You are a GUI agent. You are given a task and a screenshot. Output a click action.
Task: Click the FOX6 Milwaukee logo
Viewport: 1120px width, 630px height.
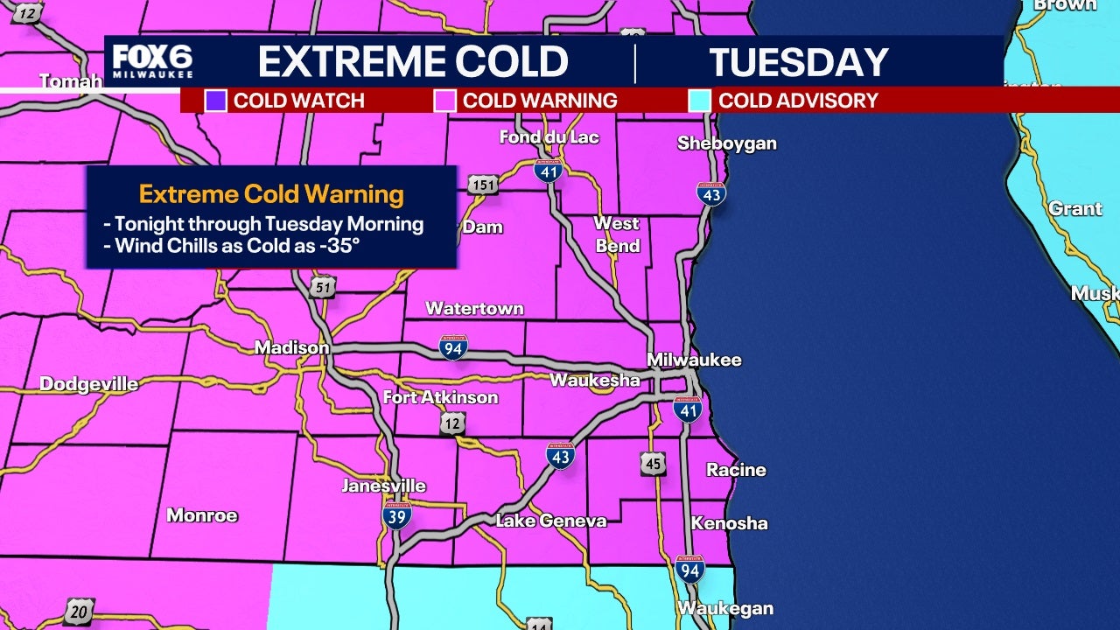152,61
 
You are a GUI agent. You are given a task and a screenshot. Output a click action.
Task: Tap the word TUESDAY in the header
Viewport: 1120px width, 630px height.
798,62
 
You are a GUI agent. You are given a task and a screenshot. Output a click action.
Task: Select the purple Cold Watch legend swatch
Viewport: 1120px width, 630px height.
215,101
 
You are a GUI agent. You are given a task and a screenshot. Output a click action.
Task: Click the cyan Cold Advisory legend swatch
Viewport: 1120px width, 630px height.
699,101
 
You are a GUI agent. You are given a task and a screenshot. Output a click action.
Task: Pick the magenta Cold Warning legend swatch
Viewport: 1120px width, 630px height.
444,101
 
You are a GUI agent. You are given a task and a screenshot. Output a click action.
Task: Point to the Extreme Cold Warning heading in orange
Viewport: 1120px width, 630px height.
271,193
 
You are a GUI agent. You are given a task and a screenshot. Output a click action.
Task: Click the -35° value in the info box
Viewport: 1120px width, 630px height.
339,247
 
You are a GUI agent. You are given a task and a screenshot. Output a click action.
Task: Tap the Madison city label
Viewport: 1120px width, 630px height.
291,348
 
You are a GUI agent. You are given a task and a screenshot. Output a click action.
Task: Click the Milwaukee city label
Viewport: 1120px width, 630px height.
693,360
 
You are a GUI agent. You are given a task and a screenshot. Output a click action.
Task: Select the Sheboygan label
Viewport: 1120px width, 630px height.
726,143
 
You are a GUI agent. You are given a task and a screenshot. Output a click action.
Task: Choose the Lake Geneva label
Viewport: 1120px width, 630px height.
550,521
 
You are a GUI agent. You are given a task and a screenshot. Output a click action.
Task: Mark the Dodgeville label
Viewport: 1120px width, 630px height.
88,384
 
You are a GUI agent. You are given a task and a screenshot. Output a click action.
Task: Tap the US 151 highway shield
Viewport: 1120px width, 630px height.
482,185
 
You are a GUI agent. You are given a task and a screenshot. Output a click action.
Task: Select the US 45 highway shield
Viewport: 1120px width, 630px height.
653,463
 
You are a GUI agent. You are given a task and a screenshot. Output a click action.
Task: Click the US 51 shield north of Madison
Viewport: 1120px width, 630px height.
322,286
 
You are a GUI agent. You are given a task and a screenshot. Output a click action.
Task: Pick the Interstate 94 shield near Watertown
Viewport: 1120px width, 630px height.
453,347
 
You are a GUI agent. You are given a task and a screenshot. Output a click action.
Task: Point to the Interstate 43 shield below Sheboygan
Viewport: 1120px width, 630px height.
710,194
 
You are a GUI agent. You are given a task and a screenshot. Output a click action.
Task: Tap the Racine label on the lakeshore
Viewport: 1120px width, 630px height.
736,470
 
